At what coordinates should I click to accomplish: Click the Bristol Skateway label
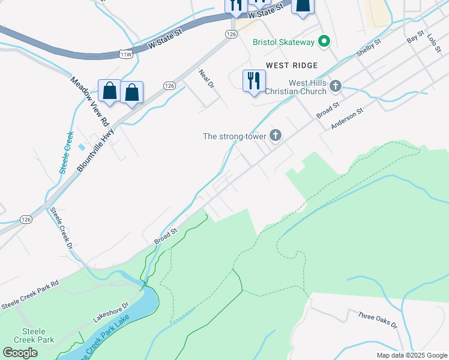(283, 42)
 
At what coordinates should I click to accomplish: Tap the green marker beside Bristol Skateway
(324, 41)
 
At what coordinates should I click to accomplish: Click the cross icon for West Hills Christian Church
(336, 86)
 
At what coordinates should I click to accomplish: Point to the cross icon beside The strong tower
(276, 136)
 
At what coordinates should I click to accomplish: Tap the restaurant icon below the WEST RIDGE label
(254, 80)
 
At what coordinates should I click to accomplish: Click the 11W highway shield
(125, 54)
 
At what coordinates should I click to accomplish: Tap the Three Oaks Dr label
(378, 319)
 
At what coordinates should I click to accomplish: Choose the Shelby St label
(369, 48)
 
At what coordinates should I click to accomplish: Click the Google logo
(20, 352)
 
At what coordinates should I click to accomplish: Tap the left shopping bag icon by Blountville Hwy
(110, 92)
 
